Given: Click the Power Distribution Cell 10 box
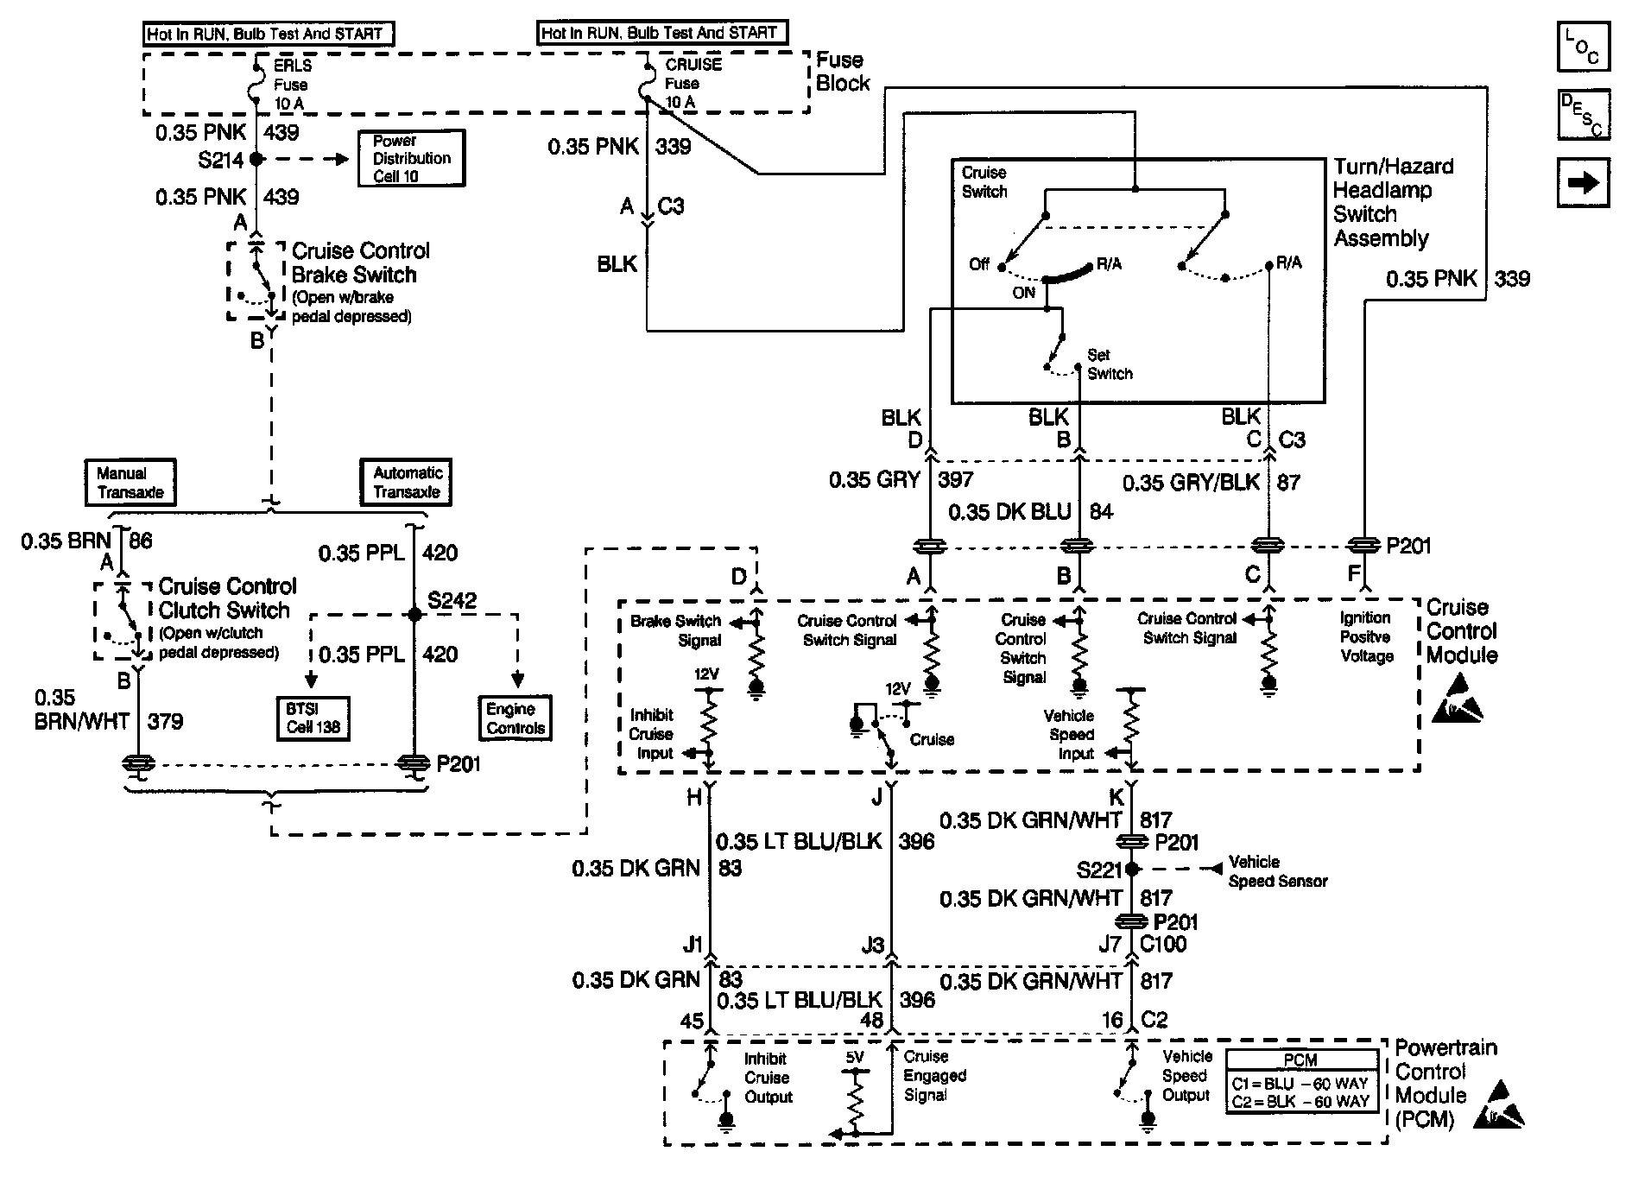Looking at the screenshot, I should pos(411,158).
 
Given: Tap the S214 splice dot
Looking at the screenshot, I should pos(256,160).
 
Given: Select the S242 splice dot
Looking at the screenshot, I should pos(414,615).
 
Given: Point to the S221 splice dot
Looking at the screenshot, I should pos(1132,870).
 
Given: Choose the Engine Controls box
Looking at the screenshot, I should pos(516,718).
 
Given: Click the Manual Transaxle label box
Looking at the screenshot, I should pos(130,483).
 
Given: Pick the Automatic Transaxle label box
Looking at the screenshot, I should pos(407,483).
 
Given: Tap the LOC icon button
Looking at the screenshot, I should pos(1584,47).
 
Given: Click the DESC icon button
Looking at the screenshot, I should pos(1584,114).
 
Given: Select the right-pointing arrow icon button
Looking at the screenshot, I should pos(1584,182).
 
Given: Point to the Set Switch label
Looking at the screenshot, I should pos(1109,364).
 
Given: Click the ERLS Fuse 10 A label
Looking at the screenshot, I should pos(291,85).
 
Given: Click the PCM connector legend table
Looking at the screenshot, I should pos(1301,1080).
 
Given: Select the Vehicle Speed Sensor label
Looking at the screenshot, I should pos(1276,871).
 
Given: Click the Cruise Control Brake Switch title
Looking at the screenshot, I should pos(359,263).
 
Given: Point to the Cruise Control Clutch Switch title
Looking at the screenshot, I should pos(226,598).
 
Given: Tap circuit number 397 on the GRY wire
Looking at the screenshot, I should pos(955,480).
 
